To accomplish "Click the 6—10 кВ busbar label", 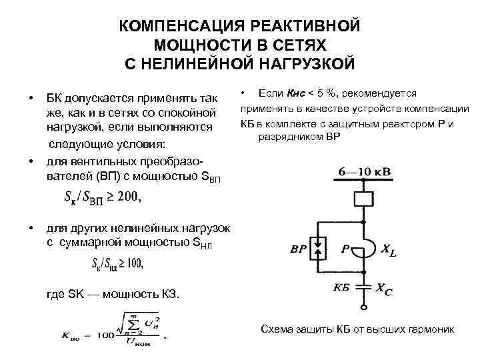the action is click(364, 172).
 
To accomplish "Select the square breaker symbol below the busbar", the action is click(363, 199).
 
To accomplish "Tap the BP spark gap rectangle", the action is click(321, 249).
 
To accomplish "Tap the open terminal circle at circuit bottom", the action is click(364, 308).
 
